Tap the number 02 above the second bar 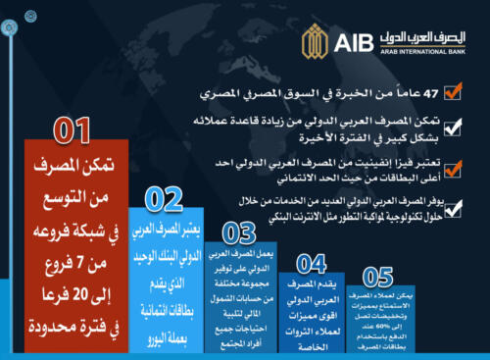point(165,200)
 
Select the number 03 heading point(240,233)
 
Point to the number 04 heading point(311,263)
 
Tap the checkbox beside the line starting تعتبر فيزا point(452,167)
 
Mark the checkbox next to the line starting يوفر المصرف point(452,203)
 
